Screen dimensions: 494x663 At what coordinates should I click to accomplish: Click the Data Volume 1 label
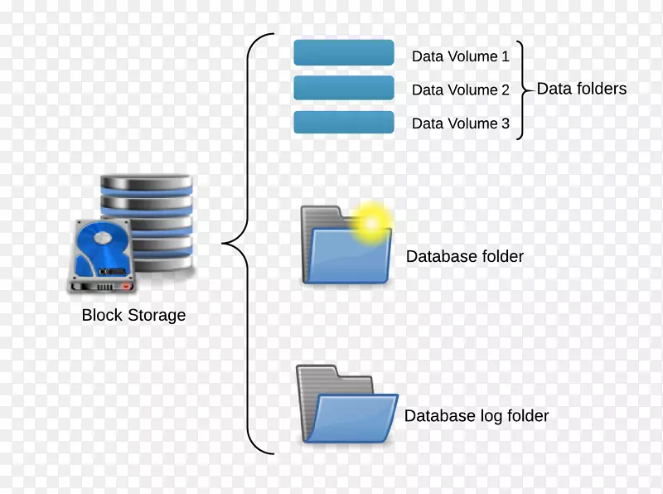coord(461,57)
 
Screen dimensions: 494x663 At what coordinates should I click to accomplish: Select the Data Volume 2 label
coord(461,90)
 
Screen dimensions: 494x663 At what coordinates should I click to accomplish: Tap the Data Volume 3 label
coord(461,124)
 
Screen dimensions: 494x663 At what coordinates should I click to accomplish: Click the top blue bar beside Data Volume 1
coord(344,52)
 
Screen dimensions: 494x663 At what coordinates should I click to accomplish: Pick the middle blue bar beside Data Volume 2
coord(344,88)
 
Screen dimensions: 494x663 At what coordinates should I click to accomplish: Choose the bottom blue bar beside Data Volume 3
coord(344,122)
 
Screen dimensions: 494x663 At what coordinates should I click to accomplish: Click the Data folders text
coord(582,89)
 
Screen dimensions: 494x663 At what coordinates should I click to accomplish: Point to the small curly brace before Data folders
coord(521,90)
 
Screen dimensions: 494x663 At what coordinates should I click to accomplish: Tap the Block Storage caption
coord(133,315)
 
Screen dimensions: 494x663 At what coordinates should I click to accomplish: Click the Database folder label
coord(465,257)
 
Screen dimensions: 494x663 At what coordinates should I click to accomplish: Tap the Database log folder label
coord(477,416)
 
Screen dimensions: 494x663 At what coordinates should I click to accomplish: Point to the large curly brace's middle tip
coord(225,244)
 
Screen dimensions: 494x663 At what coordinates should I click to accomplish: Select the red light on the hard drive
coord(126,287)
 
